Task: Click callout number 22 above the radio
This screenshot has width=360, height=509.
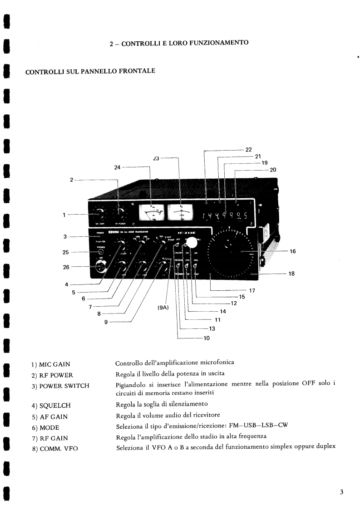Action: pyautogui.click(x=248, y=149)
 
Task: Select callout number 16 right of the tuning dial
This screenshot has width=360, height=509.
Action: pyautogui.click(x=293, y=251)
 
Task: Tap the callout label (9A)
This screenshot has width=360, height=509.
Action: pyautogui.click(x=163, y=308)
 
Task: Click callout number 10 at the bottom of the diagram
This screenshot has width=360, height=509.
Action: pyautogui.click(x=207, y=338)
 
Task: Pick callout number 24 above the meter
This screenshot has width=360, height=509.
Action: pyautogui.click(x=117, y=167)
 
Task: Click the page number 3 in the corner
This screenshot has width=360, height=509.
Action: pyautogui.click(x=341, y=492)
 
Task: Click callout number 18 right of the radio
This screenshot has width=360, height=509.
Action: pyautogui.click(x=291, y=274)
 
